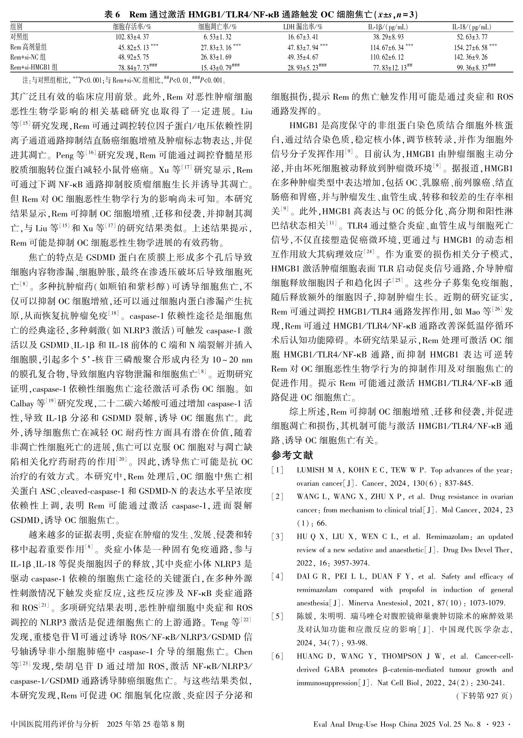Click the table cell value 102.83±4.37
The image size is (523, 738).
(132, 37)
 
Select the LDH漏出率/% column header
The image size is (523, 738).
(303, 27)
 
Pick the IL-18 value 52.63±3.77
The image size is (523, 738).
(472, 37)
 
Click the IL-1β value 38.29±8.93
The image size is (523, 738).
(388, 37)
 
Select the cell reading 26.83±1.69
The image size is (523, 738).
(216, 57)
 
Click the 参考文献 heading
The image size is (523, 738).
(292, 455)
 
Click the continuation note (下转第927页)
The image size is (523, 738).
(484, 696)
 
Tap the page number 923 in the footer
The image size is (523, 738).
(498, 724)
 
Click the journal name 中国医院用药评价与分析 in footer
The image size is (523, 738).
(55, 724)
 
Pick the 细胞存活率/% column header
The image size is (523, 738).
(132, 27)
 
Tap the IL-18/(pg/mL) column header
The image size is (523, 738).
(472, 27)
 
